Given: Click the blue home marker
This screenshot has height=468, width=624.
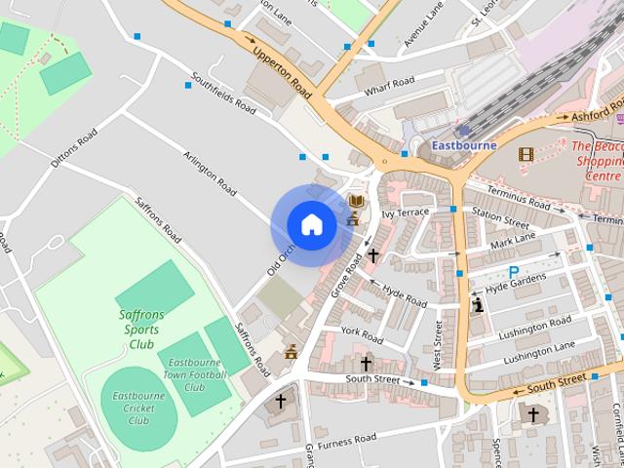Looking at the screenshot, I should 311,224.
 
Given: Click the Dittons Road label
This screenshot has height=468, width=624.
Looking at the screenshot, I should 74,148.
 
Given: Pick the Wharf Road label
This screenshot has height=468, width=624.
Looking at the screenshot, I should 389,86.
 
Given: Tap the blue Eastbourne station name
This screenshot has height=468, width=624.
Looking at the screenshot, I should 463,145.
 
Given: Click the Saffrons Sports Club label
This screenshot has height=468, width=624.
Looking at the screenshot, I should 141,330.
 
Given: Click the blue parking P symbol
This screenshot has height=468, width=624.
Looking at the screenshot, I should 514,272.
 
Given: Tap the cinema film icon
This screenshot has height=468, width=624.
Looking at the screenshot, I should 526,154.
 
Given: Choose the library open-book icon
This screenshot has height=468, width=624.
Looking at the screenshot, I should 357,201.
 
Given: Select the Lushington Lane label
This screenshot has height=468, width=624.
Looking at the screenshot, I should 538,353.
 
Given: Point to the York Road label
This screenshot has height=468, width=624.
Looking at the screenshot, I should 362,333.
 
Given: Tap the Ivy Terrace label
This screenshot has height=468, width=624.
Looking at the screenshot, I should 405,213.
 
